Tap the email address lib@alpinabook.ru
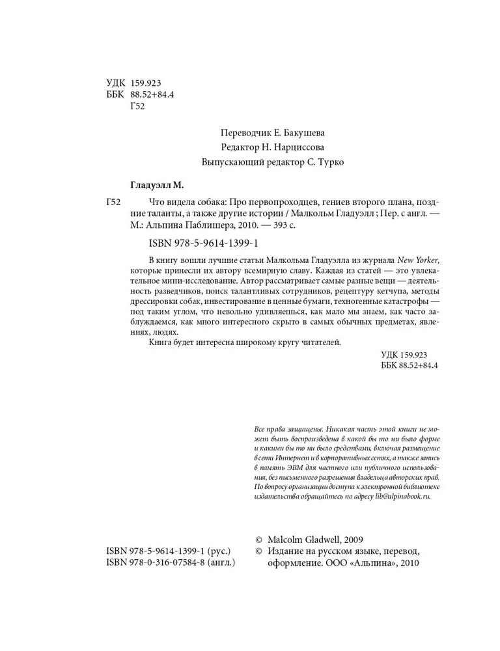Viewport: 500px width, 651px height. tap(399, 497)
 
